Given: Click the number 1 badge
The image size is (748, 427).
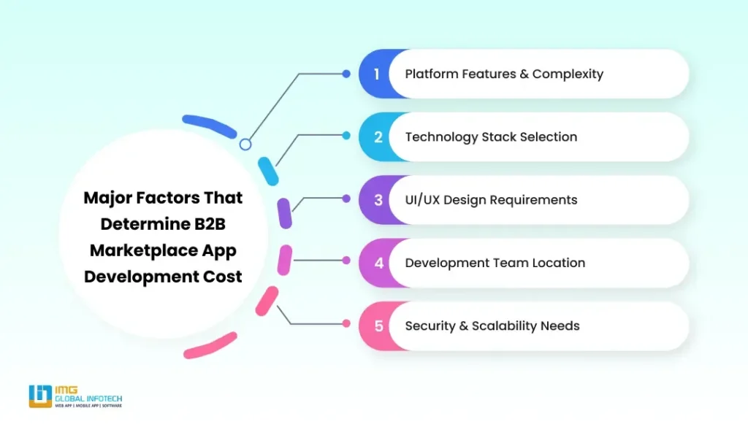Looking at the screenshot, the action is click(x=376, y=74).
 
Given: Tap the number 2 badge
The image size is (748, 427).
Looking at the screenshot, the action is click(x=378, y=137).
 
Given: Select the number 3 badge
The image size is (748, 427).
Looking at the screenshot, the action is click(x=378, y=200).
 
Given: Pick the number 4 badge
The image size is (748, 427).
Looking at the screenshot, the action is click(x=378, y=263).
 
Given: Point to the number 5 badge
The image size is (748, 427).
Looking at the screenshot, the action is click(x=378, y=326).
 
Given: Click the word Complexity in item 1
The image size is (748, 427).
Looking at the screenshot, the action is click(x=568, y=74).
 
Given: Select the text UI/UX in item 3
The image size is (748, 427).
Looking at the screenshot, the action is click(x=422, y=200).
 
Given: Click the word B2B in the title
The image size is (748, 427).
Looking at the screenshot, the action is click(x=210, y=224).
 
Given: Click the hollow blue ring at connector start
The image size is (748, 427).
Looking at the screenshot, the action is click(x=245, y=144).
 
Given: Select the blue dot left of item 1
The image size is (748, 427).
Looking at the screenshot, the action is click(x=346, y=74).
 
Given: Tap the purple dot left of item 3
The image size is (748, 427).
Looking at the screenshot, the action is click(x=346, y=199).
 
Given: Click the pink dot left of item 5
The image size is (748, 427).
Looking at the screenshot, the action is click(x=346, y=323).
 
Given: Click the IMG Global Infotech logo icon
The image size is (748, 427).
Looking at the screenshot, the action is click(x=40, y=396).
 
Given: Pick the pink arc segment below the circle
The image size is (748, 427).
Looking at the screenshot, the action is click(x=210, y=346).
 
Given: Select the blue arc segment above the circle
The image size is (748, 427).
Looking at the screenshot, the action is click(x=210, y=126).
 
